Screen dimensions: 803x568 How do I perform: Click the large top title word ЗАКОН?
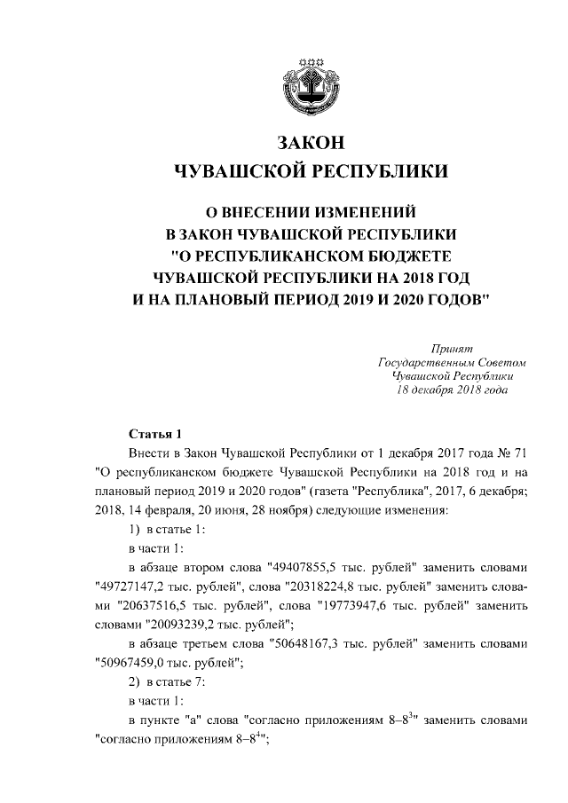pyautogui.click(x=309, y=143)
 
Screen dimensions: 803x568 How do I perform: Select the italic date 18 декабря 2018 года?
pyautogui.click(x=452, y=390)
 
